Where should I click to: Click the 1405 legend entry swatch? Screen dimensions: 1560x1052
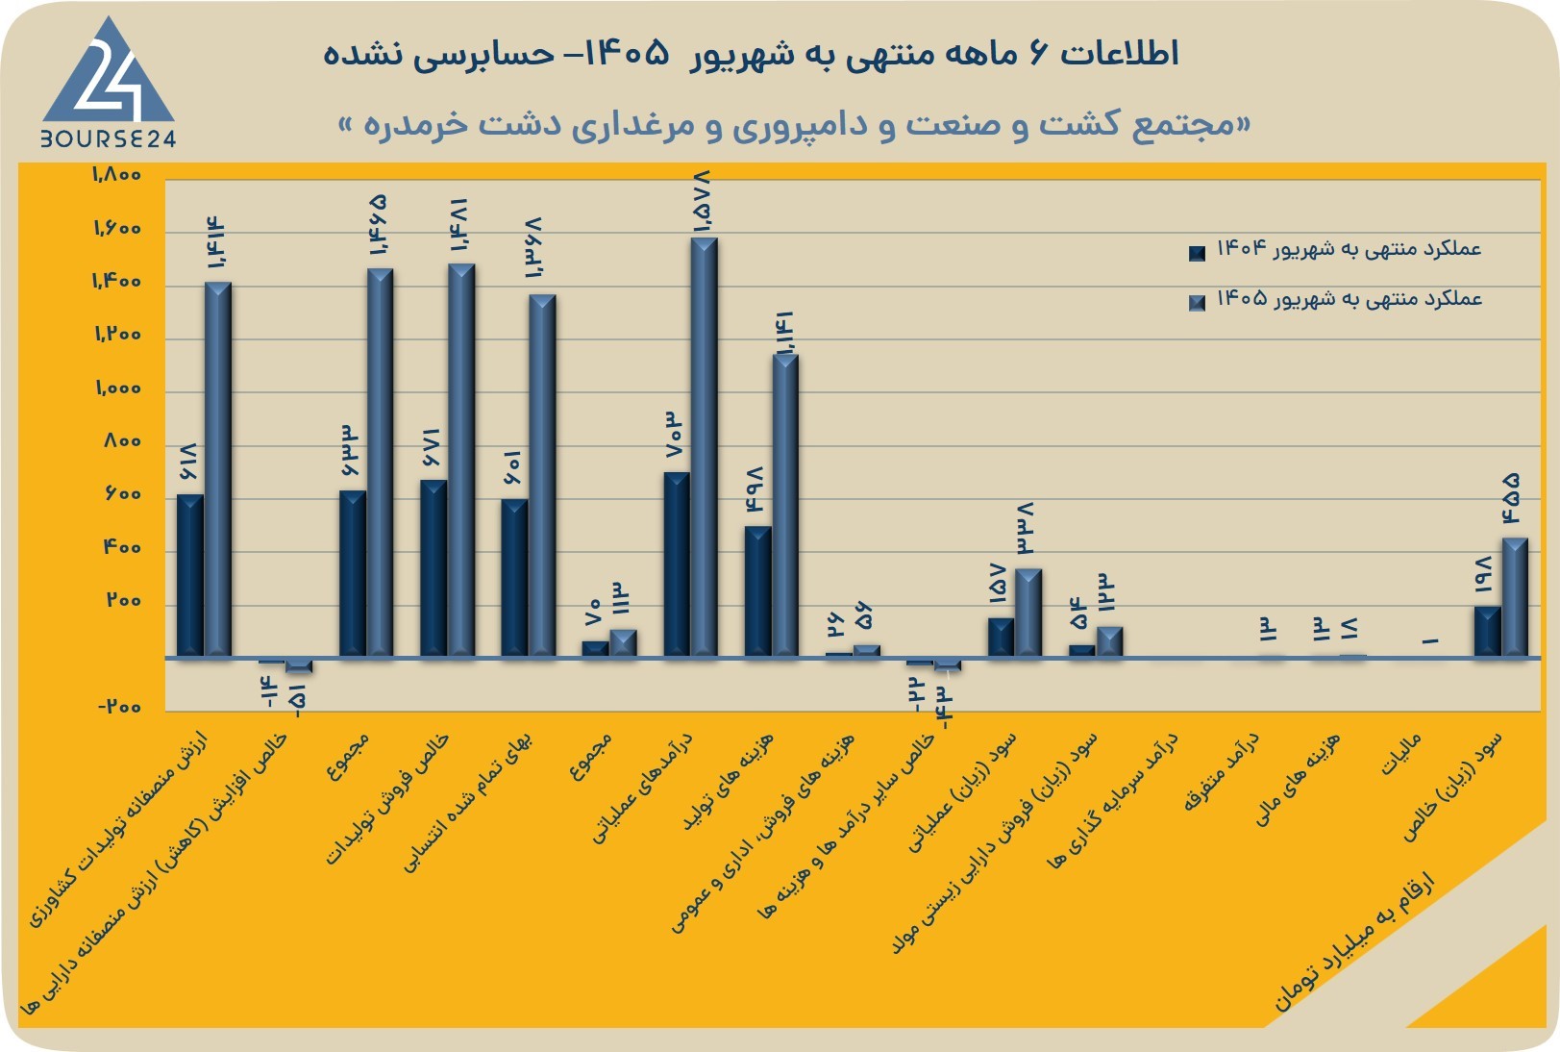tap(1197, 302)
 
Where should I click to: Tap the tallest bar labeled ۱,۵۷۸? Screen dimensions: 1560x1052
tap(705, 447)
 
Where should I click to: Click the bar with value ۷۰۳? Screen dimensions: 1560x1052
tap(677, 564)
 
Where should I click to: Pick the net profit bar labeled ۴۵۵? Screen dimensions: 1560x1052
tap(1515, 597)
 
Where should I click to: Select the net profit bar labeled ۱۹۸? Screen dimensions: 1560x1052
tap(1488, 631)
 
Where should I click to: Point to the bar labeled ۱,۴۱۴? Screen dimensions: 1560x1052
tap(218, 469)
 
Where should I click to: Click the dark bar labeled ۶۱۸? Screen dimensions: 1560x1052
tap(190, 575)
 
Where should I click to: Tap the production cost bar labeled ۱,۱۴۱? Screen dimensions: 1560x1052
tap(785, 506)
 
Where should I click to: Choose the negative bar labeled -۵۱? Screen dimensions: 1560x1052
tap(299, 665)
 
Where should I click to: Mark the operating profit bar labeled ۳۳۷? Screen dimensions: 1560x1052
tap(1028, 614)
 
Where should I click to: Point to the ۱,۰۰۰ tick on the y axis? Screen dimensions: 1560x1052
tap(118, 388)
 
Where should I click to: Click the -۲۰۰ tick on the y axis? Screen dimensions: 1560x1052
tap(119, 707)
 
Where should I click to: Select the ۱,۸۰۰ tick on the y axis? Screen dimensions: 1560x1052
tap(117, 174)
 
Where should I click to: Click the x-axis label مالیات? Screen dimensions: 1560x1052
tap(1401, 755)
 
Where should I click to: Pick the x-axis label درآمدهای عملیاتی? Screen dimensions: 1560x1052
tap(642, 788)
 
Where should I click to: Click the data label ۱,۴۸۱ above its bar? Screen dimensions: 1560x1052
tap(459, 225)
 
